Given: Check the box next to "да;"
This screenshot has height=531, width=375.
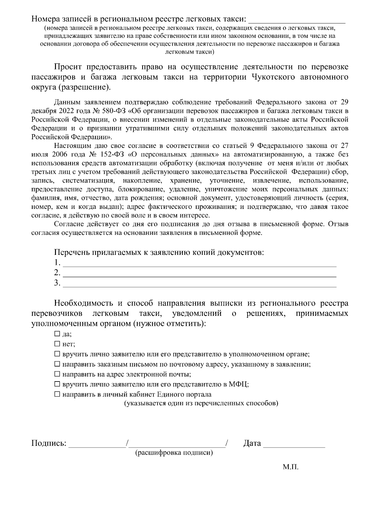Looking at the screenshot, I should coord(57,334).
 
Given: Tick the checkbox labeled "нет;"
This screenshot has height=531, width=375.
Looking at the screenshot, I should coord(57,344).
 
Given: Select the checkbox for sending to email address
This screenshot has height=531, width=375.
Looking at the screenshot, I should coord(57,374).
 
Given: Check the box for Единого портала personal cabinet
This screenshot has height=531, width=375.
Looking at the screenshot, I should coord(57,394).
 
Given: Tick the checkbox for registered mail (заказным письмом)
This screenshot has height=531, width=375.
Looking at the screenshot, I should coord(57,364).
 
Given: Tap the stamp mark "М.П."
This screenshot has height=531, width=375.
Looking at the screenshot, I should coord(291,468).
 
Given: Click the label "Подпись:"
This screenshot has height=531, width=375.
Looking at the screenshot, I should coord(49,443).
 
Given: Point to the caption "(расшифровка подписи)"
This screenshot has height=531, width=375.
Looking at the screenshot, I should coord(174,453).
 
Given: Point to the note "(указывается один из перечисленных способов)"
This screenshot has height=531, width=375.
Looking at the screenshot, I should coord(201,403).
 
